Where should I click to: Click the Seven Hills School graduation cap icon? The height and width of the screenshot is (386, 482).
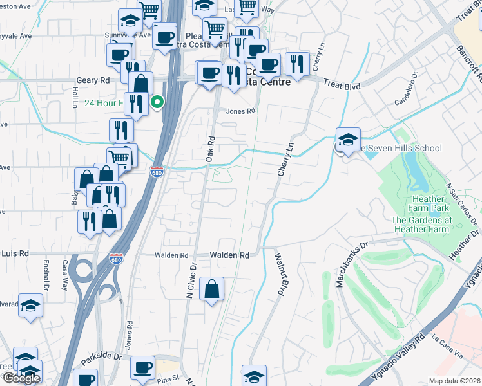348,140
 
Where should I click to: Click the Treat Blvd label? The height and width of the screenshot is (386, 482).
341,84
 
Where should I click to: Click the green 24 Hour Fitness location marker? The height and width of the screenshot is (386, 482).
156,102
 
